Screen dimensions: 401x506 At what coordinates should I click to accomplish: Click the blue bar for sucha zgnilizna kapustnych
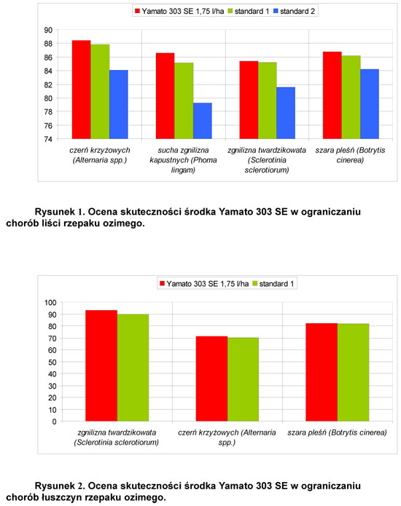pyautogui.click(x=203, y=121)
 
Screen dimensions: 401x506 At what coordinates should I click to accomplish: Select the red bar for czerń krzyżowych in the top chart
pyautogui.click(x=82, y=90)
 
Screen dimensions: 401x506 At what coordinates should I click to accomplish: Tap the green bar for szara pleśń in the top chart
pyautogui.click(x=351, y=97)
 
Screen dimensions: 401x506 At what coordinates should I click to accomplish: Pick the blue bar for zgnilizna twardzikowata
pyautogui.click(x=286, y=113)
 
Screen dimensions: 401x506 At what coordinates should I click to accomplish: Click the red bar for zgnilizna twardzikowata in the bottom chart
pyautogui.click(x=101, y=365)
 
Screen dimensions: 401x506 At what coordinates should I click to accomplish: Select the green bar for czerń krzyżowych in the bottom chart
pyautogui.click(x=243, y=379)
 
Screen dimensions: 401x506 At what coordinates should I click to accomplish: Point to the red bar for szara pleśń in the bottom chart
pyautogui.click(x=322, y=372)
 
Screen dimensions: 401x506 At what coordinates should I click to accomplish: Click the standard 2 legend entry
pyautogui.click(x=294, y=12)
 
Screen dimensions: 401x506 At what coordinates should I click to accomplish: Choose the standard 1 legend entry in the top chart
pyautogui.click(x=249, y=12)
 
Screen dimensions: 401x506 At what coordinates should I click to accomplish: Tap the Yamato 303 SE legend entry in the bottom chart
pyautogui.click(x=205, y=284)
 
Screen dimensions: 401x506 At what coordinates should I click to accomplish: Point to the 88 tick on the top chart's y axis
pyautogui.click(x=48, y=44)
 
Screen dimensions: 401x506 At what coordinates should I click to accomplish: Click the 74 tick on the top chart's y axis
pyautogui.click(x=48, y=139)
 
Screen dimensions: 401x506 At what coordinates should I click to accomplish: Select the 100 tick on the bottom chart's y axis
pyautogui.click(x=50, y=302)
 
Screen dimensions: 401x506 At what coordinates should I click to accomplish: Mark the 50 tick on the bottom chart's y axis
pyautogui.click(x=52, y=362)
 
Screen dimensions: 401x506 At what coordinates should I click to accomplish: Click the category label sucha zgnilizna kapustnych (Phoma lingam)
pyautogui.click(x=183, y=160)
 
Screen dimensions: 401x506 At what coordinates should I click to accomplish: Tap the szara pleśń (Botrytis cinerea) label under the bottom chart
pyautogui.click(x=337, y=432)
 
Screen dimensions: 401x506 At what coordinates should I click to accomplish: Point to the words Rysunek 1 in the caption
pyautogui.click(x=60, y=212)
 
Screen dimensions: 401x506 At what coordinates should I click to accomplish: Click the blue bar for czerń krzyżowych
pyautogui.click(x=119, y=105)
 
